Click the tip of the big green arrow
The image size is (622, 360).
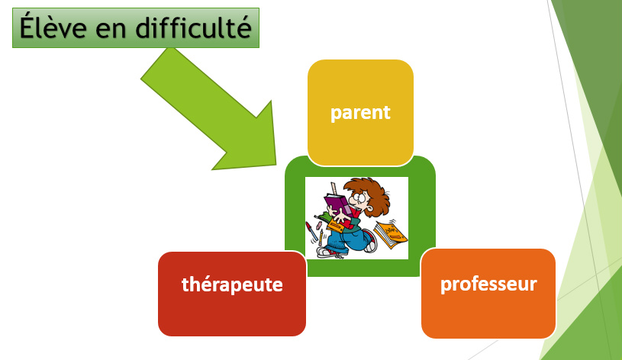(276, 164)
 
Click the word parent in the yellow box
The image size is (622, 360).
(360, 114)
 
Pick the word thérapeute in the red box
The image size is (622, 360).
(232, 284)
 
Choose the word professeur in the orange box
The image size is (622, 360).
(488, 284)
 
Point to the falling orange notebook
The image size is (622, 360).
(390, 235)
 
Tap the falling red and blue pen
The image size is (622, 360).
(311, 232)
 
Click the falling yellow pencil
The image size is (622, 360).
(321, 237)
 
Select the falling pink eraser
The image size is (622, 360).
(320, 225)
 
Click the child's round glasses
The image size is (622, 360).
(359, 197)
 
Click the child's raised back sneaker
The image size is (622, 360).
(370, 242)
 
